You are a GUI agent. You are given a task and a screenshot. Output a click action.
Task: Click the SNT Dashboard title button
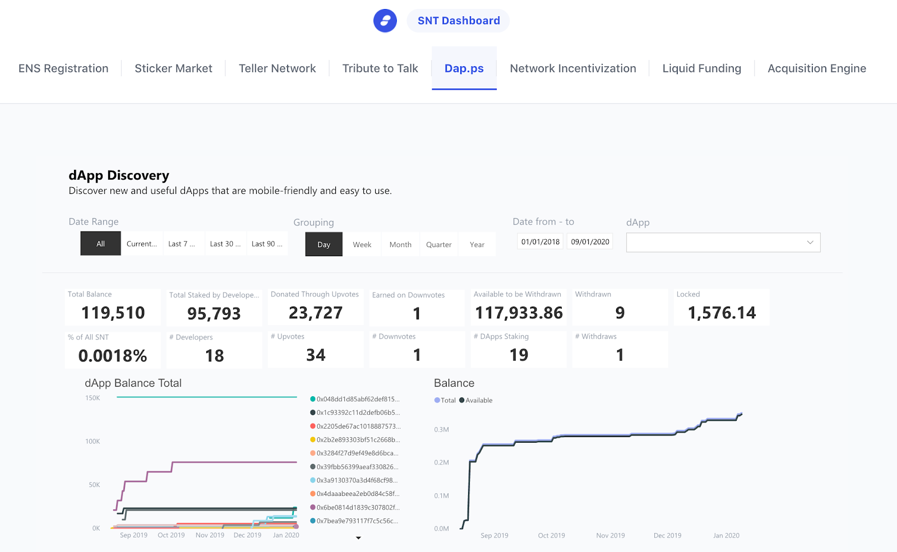458,21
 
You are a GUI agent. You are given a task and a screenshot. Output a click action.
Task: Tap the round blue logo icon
385,21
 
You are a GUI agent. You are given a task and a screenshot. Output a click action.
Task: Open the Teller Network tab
277,68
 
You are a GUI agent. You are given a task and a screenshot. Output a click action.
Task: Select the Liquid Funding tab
701,68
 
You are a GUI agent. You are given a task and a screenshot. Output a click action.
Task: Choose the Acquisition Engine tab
816,68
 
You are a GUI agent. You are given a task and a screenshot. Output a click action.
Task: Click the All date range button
100,244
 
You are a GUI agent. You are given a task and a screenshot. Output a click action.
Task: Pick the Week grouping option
362,245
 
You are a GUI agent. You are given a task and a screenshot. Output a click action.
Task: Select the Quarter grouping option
438,245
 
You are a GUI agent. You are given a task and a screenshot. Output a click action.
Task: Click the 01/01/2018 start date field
540,242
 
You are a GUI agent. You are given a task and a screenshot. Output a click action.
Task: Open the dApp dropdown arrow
810,243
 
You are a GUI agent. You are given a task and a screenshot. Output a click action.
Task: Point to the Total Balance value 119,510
113,313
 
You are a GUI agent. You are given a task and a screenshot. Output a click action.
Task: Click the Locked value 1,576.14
722,313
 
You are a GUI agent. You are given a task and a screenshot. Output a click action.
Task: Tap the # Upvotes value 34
316,355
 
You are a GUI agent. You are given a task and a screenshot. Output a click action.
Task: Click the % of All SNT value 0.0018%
113,355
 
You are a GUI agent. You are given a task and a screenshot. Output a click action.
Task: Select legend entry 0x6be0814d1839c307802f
357,508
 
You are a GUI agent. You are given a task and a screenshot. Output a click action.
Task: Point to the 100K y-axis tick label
93,442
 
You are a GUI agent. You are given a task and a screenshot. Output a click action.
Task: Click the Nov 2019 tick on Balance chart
610,536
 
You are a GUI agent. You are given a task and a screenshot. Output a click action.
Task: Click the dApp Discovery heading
119,175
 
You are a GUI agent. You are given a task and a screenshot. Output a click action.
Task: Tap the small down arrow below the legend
358,538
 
